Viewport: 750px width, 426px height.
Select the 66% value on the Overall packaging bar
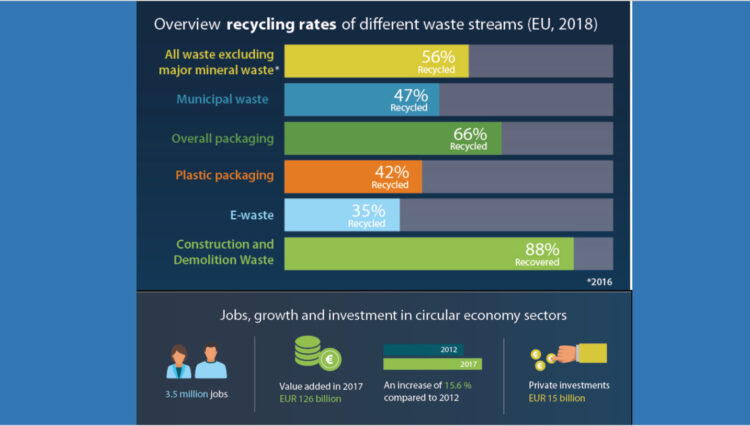pyautogui.click(x=471, y=134)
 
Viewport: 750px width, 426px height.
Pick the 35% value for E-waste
pyautogui.click(x=369, y=212)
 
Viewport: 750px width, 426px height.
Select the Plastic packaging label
pyautogui.click(x=224, y=175)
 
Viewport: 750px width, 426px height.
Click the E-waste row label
pyautogui.click(x=252, y=213)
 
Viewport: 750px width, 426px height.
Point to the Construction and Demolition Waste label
pyautogui.click(x=225, y=252)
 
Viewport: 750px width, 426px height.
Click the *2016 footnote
pyautogui.click(x=597, y=282)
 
